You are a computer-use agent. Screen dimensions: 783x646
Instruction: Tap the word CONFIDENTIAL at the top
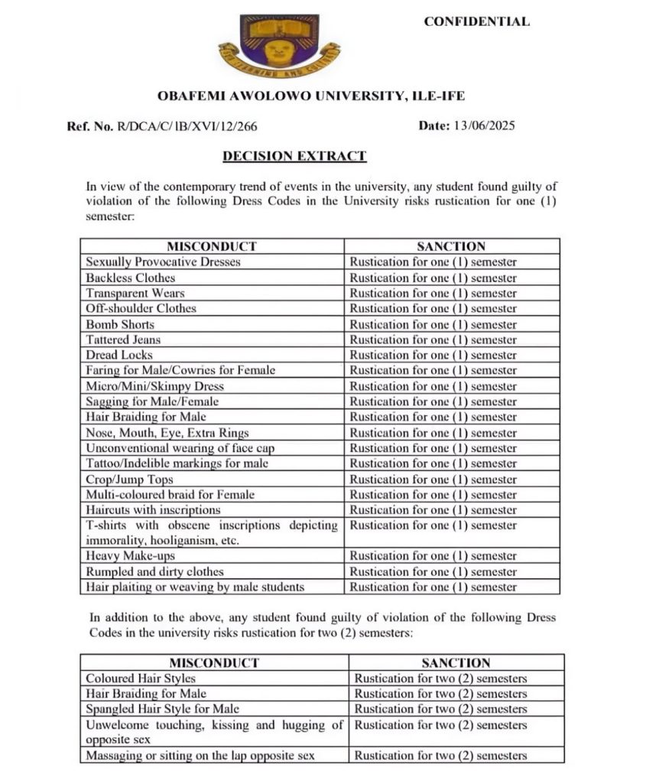point(476,21)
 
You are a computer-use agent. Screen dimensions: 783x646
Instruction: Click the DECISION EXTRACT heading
point(294,157)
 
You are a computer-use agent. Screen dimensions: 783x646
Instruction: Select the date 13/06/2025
point(483,126)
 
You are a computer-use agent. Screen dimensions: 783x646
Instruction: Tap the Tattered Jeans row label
point(123,340)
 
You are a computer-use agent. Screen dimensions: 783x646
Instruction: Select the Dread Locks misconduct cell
point(119,355)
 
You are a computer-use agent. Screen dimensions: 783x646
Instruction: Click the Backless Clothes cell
point(130,278)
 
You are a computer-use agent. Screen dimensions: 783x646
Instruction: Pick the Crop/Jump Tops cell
point(129,479)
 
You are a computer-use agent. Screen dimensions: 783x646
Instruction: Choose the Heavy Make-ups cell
point(130,556)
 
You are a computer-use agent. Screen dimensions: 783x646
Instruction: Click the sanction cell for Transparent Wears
point(433,293)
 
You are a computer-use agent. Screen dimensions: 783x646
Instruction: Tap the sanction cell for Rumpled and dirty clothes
point(433,572)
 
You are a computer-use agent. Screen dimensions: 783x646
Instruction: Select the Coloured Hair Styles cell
point(141,678)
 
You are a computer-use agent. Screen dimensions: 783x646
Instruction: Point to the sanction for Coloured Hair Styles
point(440,678)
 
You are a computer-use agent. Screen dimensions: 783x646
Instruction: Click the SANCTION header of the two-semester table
point(456,663)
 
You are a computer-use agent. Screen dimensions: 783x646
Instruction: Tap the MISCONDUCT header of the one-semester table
point(212,246)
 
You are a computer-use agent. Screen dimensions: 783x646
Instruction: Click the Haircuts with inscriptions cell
point(153,510)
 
